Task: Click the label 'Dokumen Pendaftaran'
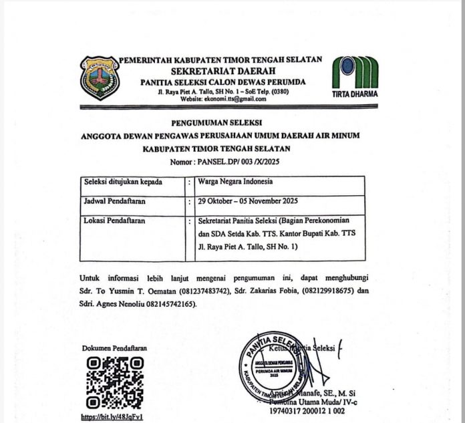[x=114, y=348]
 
